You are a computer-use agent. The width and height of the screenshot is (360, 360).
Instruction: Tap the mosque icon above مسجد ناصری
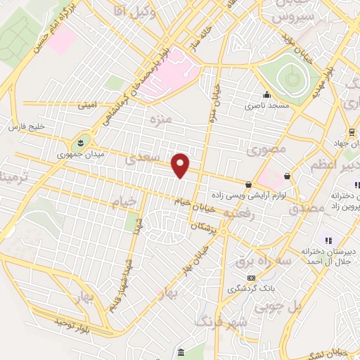click(266, 96)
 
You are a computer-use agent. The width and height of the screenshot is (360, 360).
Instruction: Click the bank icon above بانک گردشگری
click(251, 278)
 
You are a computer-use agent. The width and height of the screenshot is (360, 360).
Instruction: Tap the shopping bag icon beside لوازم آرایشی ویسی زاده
click(249, 184)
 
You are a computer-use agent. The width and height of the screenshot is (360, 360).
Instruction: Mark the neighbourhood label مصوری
click(268, 149)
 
